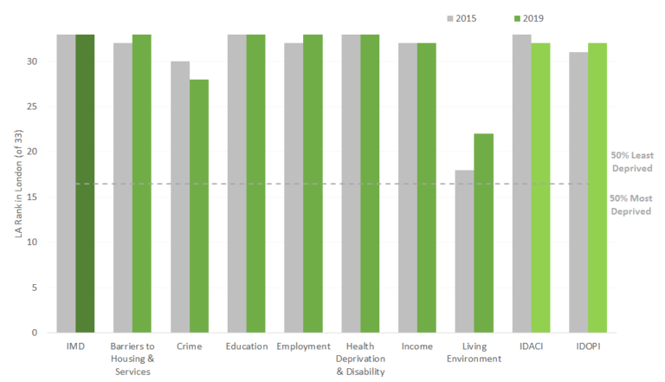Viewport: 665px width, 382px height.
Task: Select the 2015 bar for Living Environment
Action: pyautogui.click(x=464, y=251)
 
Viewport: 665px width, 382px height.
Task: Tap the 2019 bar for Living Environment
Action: pyautogui.click(x=483, y=233)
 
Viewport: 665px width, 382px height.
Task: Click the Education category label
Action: pyautogui.click(x=246, y=346)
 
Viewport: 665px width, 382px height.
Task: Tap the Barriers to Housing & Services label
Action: pyautogui.click(x=132, y=359)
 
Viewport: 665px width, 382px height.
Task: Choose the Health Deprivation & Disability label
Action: pyautogui.click(x=359, y=359)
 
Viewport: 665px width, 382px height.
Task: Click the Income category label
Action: pyautogui.click(x=416, y=346)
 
